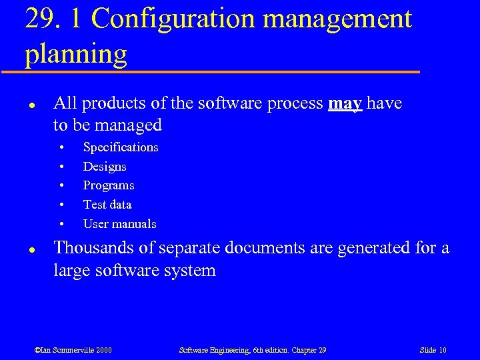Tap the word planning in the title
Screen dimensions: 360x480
76,54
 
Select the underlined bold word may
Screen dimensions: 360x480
345,103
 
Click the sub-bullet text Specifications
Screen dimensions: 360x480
121,147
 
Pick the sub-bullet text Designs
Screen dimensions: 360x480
105,166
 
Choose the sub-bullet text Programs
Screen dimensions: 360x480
109,185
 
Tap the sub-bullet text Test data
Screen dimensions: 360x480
107,205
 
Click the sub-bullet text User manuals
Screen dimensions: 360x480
120,224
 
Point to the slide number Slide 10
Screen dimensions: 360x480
433,350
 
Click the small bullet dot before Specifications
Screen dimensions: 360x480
61,147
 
